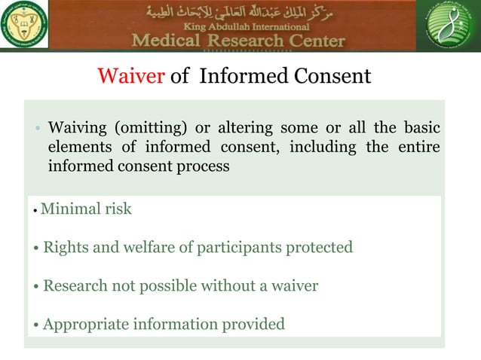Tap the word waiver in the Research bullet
click(293, 286)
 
